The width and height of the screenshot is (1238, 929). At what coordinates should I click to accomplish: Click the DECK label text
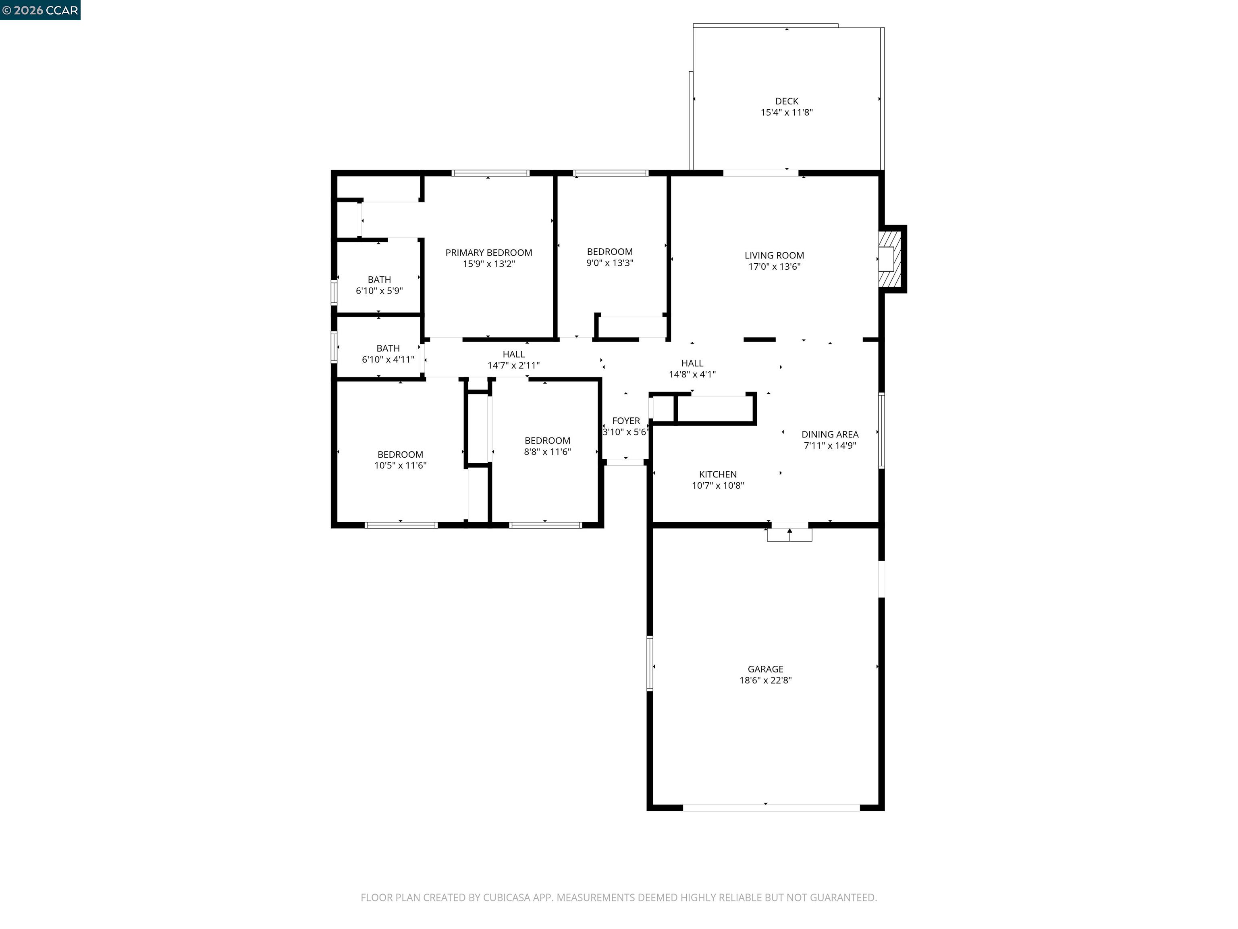[x=786, y=101]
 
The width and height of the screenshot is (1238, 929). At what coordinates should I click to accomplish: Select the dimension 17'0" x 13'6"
[x=774, y=267]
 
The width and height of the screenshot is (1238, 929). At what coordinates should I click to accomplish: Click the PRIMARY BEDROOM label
[x=488, y=252]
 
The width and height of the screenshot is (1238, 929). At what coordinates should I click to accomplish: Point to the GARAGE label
[x=765, y=669]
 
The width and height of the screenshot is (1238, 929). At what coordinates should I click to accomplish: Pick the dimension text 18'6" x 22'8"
[x=765, y=680]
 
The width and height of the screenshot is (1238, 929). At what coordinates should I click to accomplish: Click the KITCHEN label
[x=717, y=474]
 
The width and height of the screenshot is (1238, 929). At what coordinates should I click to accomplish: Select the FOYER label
[x=626, y=421]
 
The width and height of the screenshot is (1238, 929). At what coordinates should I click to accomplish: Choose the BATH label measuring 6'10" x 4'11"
[x=388, y=348]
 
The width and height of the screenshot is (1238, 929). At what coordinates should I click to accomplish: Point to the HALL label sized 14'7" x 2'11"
[x=513, y=354]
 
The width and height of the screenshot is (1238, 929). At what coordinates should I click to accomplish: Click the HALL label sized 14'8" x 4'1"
[x=692, y=363]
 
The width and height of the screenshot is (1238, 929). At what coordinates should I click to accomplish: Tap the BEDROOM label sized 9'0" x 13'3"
[x=609, y=252]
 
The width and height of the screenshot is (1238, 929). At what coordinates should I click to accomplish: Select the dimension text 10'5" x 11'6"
[x=400, y=465]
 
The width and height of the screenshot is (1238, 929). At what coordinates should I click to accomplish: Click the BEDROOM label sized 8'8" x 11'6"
[x=547, y=441]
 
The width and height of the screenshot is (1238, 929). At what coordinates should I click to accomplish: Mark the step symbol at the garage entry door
[x=789, y=535]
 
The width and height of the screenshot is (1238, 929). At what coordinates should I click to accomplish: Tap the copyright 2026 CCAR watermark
[x=40, y=10]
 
